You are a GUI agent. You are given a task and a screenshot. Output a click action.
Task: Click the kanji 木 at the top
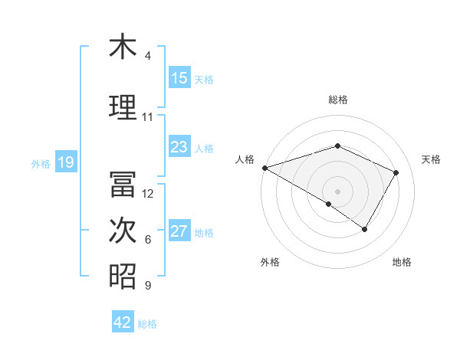coord(123,47)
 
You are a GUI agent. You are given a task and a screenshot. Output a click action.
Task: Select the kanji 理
coord(123,107)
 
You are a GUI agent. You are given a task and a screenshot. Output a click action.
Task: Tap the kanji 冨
coord(123,184)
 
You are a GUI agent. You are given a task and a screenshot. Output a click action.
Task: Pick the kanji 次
coord(123,231)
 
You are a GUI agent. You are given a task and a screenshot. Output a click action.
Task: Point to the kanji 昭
coord(123,277)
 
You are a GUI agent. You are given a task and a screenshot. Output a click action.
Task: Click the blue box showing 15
coord(179,78)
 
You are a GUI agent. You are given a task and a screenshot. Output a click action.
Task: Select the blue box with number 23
coord(179,147)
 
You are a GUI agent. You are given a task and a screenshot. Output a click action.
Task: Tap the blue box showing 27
coord(179,232)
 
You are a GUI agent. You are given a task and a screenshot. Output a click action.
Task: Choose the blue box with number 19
coord(65,162)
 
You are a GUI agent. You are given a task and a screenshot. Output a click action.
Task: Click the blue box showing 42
coord(123,322)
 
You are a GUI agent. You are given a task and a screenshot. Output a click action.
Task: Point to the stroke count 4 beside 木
coord(148,56)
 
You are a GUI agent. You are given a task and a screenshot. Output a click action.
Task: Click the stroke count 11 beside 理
coord(148,117)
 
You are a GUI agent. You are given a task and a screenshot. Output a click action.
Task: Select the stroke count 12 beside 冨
coord(149,194)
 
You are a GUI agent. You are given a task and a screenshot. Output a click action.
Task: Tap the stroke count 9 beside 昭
coord(148,286)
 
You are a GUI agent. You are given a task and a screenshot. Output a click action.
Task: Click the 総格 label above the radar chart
coord(337,100)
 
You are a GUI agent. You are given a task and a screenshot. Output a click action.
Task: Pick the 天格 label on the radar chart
coord(432,159)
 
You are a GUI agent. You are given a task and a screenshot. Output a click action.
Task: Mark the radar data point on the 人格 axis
coord(264,167)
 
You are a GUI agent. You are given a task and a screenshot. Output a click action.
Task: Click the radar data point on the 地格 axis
coord(365,229)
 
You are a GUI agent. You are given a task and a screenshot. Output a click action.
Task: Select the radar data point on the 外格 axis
coord(329,204)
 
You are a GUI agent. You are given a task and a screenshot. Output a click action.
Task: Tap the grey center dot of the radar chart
coord(337,191)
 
